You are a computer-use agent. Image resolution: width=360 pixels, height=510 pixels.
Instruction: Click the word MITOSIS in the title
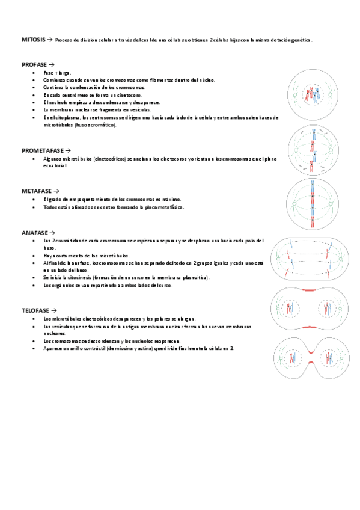33,40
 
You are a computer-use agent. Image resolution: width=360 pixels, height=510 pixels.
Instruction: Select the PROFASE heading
35,64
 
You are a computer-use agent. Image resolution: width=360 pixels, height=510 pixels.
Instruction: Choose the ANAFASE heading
35,232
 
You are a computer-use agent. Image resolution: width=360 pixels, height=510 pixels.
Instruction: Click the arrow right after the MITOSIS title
50,40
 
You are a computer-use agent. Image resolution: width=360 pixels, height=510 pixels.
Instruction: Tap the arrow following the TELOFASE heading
55,310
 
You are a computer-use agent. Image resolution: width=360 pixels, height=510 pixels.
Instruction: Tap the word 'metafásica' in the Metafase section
171,207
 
